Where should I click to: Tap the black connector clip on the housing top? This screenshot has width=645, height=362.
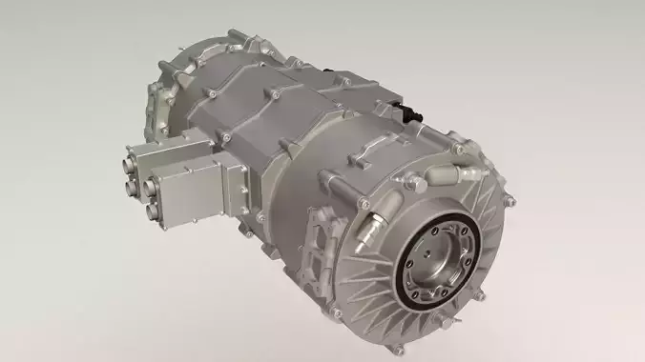point(412,112)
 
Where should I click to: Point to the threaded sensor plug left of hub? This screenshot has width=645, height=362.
point(372,221)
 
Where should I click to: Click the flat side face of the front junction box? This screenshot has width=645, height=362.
point(191,196)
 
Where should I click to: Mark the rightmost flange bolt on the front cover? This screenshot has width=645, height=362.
point(508,201)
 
